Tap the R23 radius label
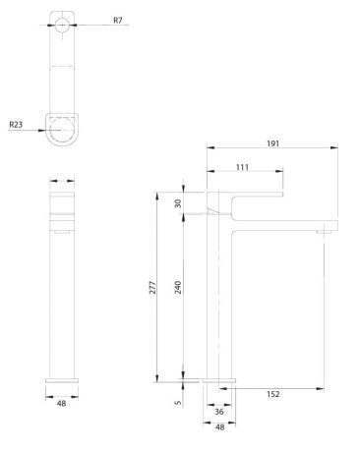coord(17,125)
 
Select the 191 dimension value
coord(273,143)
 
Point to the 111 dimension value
coord(243,168)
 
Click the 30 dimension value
coord(177,203)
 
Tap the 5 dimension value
coord(177,401)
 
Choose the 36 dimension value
coord(220,413)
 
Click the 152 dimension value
coord(273,394)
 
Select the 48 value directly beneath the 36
coord(220,427)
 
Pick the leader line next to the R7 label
coord(96,20)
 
